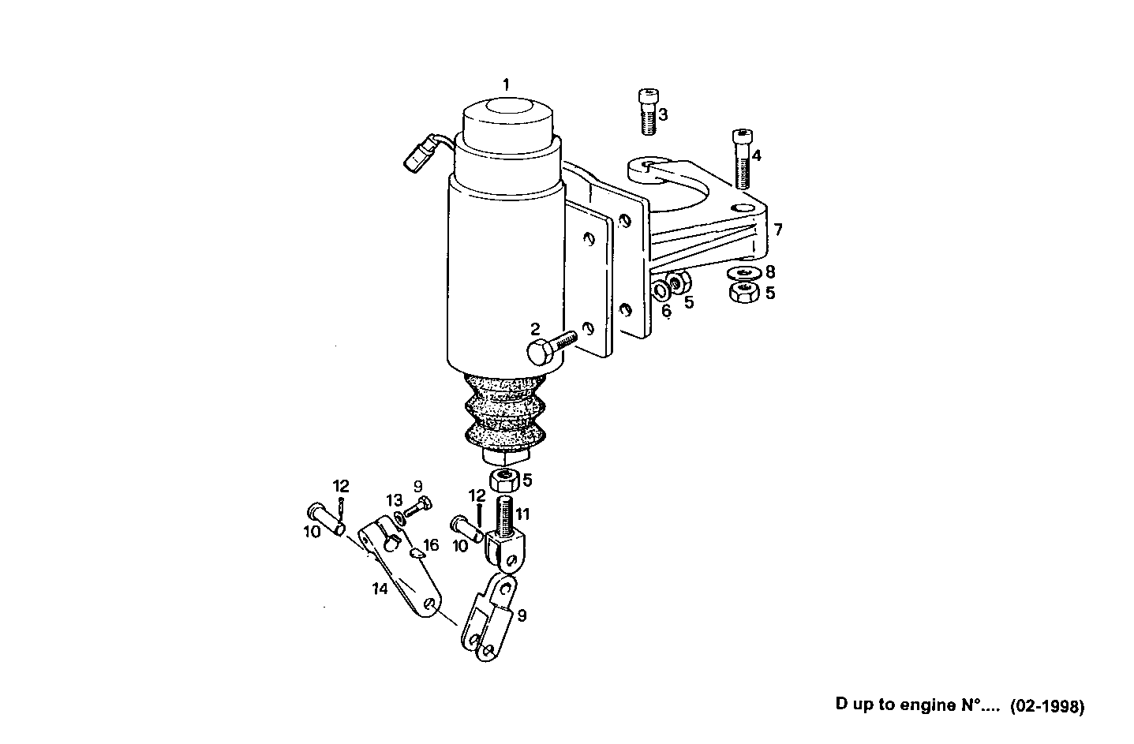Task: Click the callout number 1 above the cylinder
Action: click(x=507, y=84)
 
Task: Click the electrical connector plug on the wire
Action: click(x=418, y=155)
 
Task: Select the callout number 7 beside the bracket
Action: click(x=778, y=230)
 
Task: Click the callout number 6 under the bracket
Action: click(x=667, y=311)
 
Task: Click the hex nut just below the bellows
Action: click(x=504, y=479)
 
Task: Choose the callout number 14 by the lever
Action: click(x=380, y=589)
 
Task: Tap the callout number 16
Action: click(x=430, y=545)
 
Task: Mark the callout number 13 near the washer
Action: click(x=394, y=500)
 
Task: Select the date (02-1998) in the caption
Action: click(x=1047, y=705)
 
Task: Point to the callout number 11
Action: click(x=522, y=514)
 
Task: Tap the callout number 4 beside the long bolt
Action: click(x=757, y=155)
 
